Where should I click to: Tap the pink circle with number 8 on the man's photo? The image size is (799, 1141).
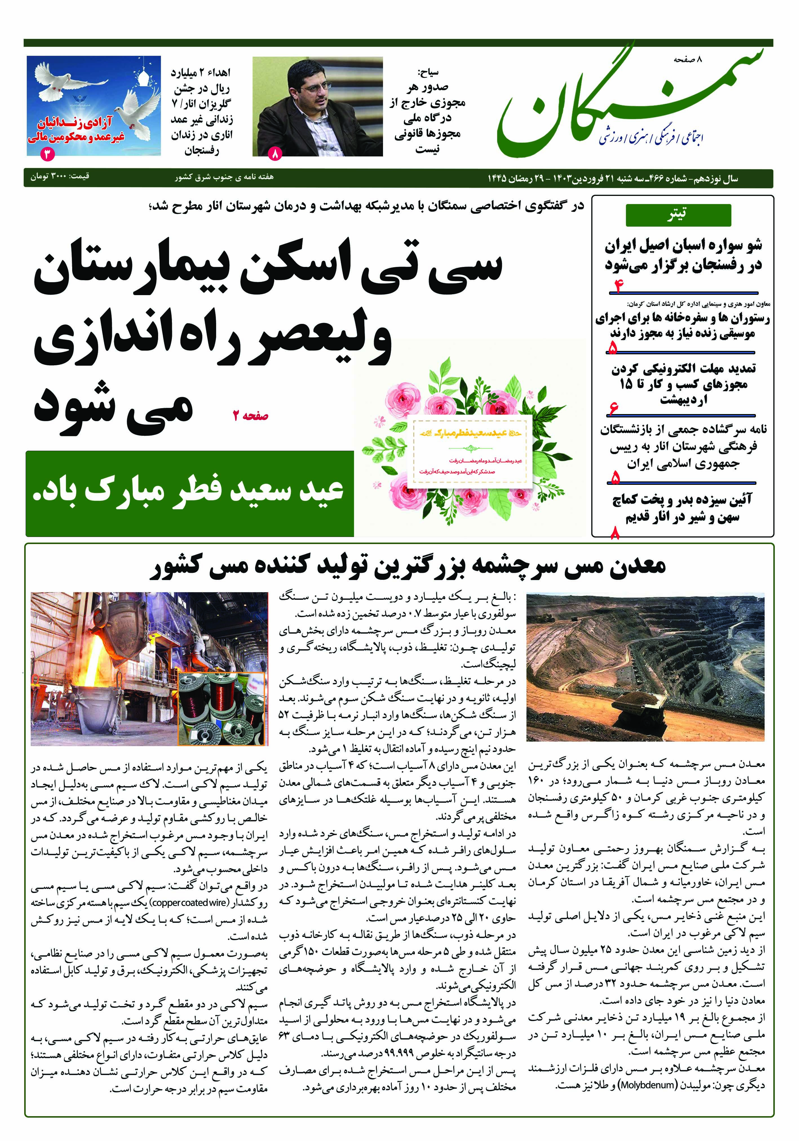coord(275,154)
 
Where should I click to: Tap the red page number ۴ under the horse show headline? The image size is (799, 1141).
coord(619,286)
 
